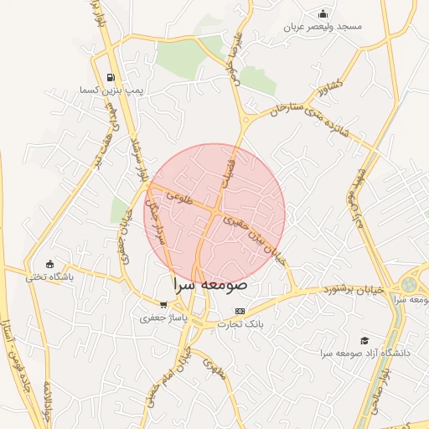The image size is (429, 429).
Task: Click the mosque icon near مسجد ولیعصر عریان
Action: (x=323, y=13)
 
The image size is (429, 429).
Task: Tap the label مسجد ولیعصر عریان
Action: (x=323, y=27)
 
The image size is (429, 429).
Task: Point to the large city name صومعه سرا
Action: (x=209, y=285)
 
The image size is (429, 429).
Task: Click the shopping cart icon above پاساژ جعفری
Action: (x=163, y=305)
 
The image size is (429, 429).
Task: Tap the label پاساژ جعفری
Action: (x=163, y=318)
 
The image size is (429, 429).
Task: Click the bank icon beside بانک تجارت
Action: (x=240, y=311)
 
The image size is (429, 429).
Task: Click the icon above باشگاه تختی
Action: (x=49, y=264)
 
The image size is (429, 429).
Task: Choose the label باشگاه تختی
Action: (x=49, y=277)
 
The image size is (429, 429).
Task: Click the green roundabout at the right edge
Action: (x=409, y=285)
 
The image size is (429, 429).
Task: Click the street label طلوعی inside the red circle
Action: (x=179, y=197)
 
